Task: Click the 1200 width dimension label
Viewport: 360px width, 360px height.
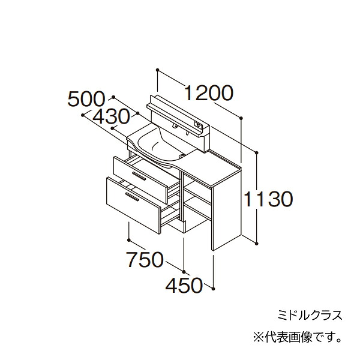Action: [x=209, y=93]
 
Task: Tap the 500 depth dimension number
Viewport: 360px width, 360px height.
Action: [x=86, y=99]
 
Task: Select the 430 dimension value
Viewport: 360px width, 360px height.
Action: [x=111, y=116]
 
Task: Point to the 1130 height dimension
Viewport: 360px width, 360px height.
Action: [x=268, y=199]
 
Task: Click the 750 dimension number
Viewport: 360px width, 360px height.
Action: [x=145, y=259]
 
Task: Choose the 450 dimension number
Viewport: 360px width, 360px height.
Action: [x=184, y=286]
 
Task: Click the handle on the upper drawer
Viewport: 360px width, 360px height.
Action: [x=139, y=176]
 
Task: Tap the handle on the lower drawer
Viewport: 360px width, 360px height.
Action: [x=132, y=197]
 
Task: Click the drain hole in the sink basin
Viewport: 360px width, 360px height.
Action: [x=182, y=156]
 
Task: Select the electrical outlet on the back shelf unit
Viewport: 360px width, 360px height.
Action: [x=198, y=125]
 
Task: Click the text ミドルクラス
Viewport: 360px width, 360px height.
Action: [x=310, y=315]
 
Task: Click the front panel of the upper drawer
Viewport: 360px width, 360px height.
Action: [x=140, y=180]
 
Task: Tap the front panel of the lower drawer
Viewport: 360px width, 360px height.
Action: [x=133, y=205]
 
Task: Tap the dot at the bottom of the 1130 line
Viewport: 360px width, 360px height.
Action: [x=257, y=243]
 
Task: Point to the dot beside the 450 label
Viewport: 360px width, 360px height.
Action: [x=214, y=288]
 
